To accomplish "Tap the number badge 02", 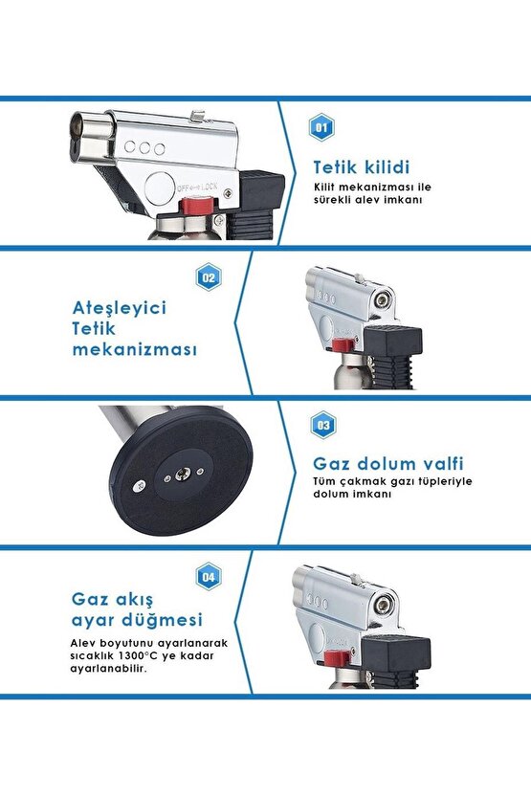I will click(x=209, y=279).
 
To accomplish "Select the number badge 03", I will click(x=322, y=424).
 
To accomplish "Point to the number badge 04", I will click(x=209, y=576).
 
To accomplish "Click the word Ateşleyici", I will click(x=120, y=308).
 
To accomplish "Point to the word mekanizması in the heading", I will click(x=135, y=349).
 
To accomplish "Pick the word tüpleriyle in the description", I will click(x=444, y=481).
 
